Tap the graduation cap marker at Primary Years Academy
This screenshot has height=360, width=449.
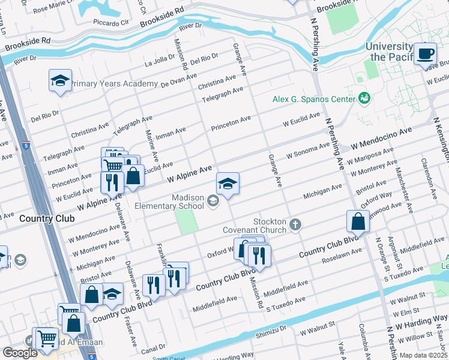tap(60, 81)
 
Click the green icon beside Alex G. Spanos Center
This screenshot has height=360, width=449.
tap(363, 98)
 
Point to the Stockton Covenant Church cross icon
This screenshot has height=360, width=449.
tap(294, 224)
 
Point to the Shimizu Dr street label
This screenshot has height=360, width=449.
tap(270, 329)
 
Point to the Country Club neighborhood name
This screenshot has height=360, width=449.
tap(47, 218)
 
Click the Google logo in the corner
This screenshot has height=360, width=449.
tap(20, 353)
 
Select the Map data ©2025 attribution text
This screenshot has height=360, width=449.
tap(423, 355)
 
